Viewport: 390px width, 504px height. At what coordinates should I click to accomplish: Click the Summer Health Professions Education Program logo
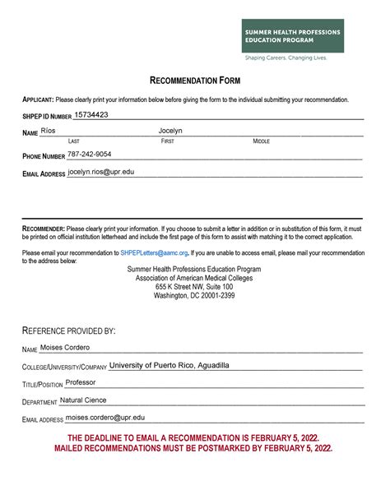[292, 35]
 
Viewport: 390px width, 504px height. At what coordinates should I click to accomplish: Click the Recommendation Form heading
[194, 80]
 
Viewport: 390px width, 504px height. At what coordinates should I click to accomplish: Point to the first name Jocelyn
[170, 131]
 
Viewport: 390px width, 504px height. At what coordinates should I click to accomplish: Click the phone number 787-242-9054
[90, 154]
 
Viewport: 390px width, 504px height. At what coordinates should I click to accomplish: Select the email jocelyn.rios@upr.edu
[100, 172]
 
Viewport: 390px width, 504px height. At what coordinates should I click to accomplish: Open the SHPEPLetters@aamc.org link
[154, 252]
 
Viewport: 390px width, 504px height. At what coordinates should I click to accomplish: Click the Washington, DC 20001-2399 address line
[194, 295]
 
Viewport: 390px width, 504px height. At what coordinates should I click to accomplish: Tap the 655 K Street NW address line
[194, 286]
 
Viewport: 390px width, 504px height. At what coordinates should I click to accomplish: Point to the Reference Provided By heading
[68, 330]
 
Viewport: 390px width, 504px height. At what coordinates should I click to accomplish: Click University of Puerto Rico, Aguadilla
[169, 365]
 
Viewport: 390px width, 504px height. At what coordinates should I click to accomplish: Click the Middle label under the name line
[262, 141]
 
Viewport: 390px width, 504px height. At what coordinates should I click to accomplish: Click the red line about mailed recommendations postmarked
[194, 449]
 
